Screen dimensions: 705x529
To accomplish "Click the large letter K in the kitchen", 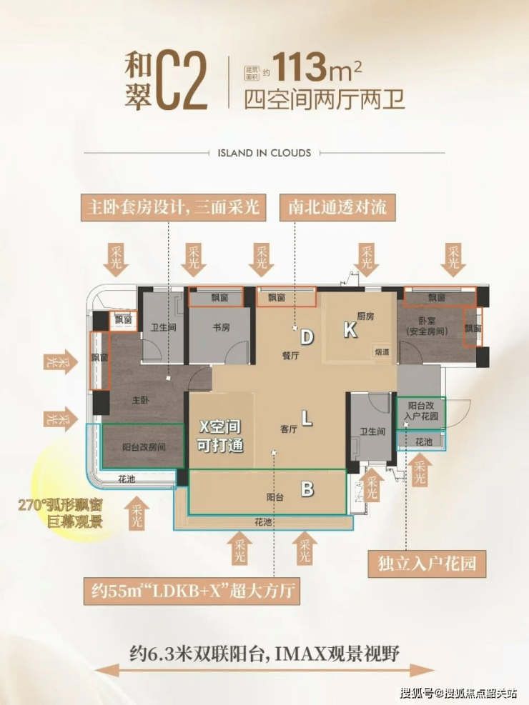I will coord(350,329).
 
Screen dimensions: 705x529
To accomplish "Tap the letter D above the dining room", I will coord(307,336).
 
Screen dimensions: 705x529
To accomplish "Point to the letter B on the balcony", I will coord(307,489).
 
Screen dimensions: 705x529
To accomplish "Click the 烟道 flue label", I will coord(382,352).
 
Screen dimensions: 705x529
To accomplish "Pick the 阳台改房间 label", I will coord(144,449).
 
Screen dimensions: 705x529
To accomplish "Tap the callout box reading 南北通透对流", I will coord(337,208).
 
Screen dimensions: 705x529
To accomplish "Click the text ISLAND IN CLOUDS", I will coord(264,153).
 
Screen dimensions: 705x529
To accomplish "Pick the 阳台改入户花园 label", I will coord(421,411).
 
